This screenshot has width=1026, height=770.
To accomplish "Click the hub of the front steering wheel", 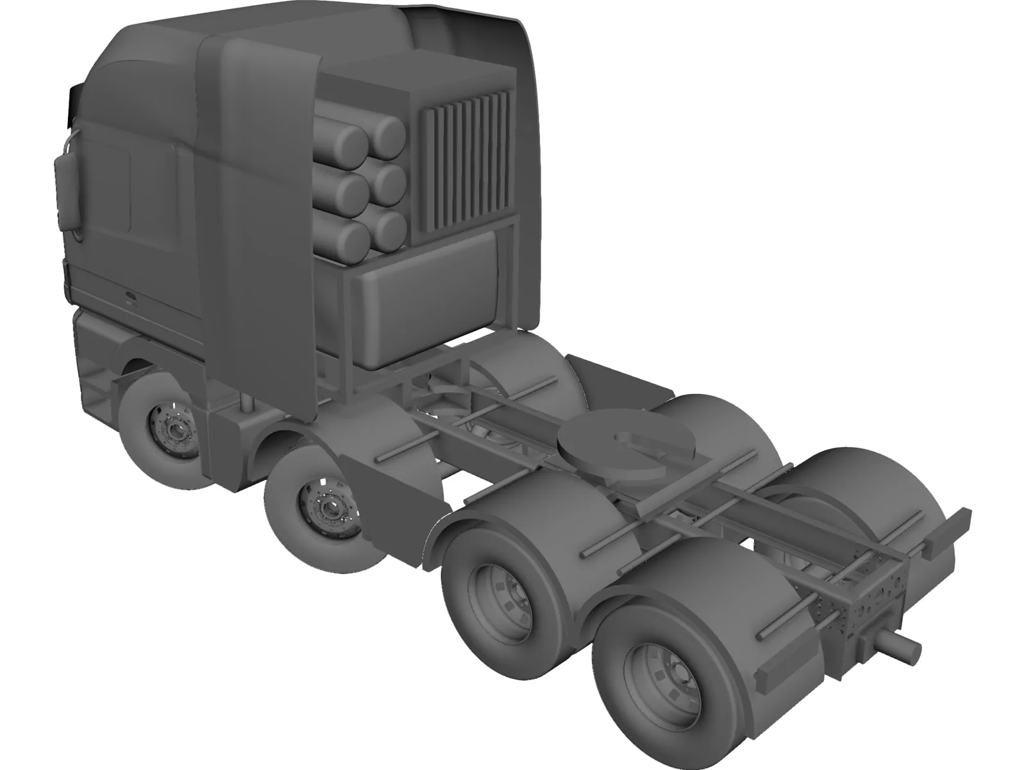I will coord(172,424).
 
